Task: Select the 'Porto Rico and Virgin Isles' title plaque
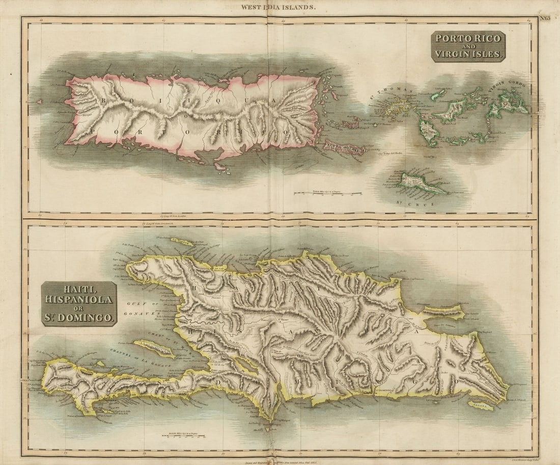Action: pos(468,46)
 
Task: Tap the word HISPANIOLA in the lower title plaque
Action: pos(79,299)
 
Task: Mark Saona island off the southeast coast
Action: pos(481,405)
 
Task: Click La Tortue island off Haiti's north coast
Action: pos(182,241)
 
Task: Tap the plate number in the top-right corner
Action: pos(545,19)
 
